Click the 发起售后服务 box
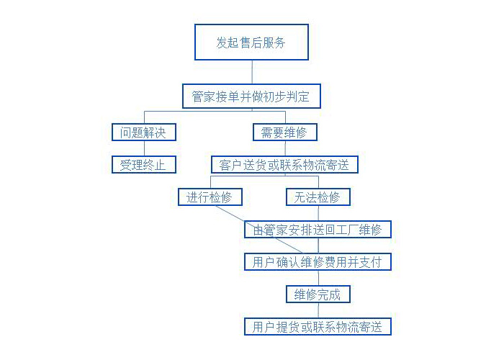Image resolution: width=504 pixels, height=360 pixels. click(252, 42)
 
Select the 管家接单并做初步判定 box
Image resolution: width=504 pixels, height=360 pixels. click(252, 96)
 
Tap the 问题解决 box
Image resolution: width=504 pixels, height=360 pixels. click(144, 132)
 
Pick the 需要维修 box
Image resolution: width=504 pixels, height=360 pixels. click(285, 132)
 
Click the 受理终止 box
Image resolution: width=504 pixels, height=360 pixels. click(144, 165)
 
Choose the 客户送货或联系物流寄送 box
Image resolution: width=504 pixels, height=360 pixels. click(285, 165)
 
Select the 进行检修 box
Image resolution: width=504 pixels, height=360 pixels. click(210, 197)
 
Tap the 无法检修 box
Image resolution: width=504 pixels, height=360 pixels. click(318, 197)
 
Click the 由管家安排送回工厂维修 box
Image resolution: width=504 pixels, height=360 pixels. click(318, 229)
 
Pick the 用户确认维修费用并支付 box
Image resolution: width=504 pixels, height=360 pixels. click(318, 261)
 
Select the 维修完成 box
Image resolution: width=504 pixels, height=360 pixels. click(318, 294)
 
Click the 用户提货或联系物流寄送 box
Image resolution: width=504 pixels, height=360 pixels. click(318, 327)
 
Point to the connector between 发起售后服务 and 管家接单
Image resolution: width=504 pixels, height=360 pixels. click(252, 72)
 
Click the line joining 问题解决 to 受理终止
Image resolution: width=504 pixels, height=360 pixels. click(144, 148)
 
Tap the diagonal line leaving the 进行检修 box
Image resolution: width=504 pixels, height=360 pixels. click(259, 229)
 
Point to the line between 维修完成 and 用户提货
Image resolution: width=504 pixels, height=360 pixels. click(318, 310)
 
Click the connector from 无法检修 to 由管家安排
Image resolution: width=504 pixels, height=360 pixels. click(318, 213)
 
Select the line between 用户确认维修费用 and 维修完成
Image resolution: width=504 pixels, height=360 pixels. click(318, 278)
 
